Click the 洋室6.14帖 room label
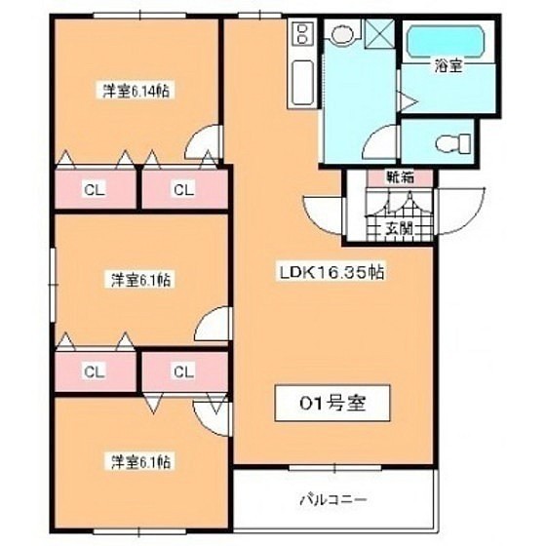136,91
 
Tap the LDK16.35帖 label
332,272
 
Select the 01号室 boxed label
332,404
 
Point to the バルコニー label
333,500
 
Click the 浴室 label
448,65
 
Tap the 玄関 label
399,228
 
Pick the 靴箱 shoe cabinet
400,177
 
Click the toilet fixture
453,142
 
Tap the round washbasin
342,34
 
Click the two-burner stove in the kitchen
302,34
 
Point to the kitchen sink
302,83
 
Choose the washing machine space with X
379,34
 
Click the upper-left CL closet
96,190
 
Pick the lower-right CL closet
184,371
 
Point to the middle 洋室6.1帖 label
140,280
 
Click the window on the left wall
53,285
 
